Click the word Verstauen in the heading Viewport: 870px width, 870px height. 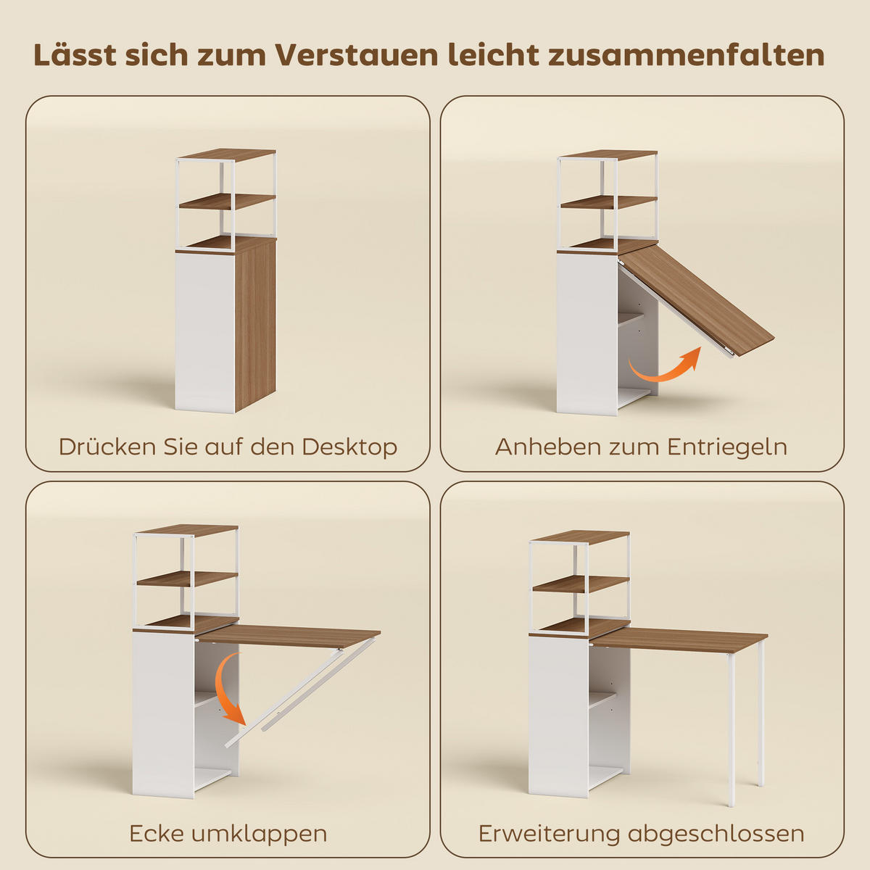(x=357, y=56)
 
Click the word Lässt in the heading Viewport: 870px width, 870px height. (x=75, y=56)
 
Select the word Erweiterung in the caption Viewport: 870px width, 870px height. (x=550, y=834)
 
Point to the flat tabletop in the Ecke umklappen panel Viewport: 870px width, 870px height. (x=290, y=635)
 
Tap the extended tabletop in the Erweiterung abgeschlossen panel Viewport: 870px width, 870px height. (x=681, y=639)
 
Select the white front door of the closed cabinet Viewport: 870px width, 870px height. (x=204, y=330)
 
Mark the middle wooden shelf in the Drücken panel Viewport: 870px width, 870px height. (x=227, y=202)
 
